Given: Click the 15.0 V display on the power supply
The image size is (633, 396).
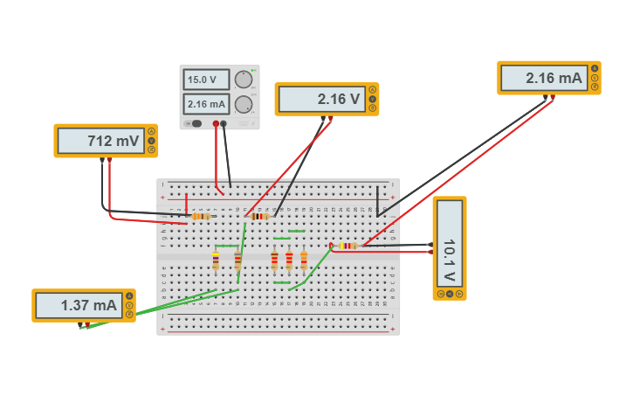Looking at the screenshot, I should pos(206,80).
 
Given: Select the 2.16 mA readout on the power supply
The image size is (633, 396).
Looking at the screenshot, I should pos(206,104).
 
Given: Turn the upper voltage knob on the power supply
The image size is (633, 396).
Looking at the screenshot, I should pos(244,80).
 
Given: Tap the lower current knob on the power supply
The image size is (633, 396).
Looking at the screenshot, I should pos(244,105).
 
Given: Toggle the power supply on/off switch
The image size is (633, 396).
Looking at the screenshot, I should pos(196,123).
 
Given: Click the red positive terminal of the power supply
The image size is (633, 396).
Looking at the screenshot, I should pos(216,124).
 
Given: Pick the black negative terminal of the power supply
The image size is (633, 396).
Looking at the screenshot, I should pos(224,124).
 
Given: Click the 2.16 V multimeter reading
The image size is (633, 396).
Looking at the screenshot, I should pos(320,100).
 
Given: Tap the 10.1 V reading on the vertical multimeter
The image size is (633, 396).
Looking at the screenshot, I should pos(449,248).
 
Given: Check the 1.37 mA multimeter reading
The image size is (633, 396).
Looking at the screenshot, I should pos(77,306).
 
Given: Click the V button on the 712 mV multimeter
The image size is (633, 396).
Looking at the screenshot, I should pos(151,140).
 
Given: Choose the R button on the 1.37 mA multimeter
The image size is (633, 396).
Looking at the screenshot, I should pos(129,315).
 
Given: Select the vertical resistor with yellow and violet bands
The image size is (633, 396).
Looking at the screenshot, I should pos(216,261).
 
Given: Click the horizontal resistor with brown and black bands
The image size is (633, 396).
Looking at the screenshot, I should pos(259,216).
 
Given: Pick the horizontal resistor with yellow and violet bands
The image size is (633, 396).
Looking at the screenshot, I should pos(347,246).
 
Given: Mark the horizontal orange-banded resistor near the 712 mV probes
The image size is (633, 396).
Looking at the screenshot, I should pos(201,216).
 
